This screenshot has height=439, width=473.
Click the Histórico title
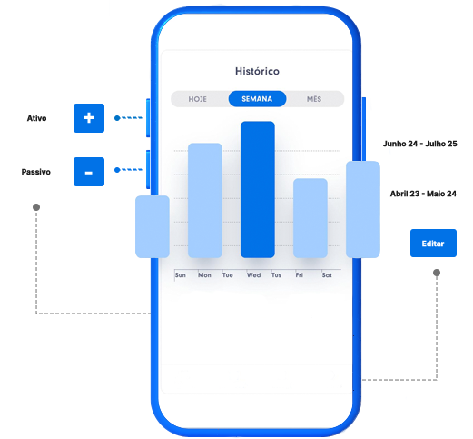click(x=257, y=71)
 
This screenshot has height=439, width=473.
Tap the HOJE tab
click(x=198, y=99)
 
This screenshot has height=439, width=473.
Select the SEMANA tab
click(x=257, y=99)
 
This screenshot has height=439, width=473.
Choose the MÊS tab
click(x=314, y=99)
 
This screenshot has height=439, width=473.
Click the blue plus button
click(x=89, y=118)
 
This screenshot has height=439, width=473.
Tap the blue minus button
click(x=89, y=172)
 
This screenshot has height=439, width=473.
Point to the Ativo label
click(x=36, y=118)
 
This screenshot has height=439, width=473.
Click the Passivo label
click(x=36, y=172)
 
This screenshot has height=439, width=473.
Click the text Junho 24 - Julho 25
click(x=420, y=144)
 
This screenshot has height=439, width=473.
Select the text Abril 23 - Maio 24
click(x=423, y=194)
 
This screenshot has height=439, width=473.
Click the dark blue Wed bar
click(x=258, y=190)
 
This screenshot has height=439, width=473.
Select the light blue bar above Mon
click(x=205, y=201)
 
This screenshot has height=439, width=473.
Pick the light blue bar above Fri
click(x=310, y=218)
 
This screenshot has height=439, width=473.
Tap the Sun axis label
click(x=181, y=275)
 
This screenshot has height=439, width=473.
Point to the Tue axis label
click(x=228, y=275)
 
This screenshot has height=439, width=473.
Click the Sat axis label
click(x=327, y=275)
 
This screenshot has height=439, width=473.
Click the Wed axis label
click(x=253, y=275)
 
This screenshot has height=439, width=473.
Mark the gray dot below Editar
click(x=437, y=273)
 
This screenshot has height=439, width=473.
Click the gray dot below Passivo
click(x=36, y=207)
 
